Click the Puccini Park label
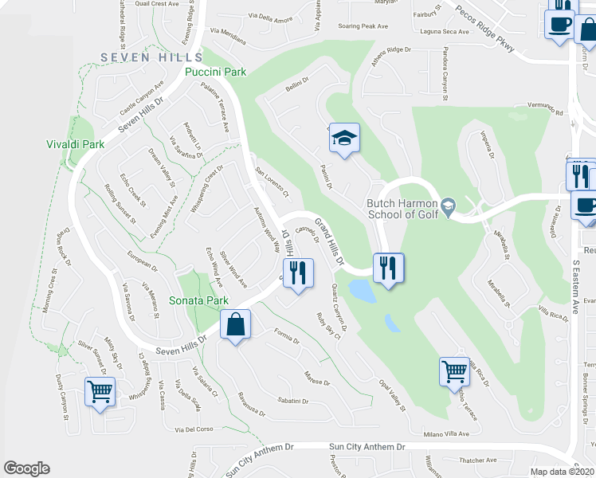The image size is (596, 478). coord(215,72)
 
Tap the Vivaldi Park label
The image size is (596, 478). coord(76,145)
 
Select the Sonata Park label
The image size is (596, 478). coord(198,300)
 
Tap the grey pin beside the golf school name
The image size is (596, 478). coord(449,206)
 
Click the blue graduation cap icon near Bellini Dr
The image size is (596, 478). coord(344,139)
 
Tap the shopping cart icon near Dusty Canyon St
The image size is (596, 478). coord(101,391)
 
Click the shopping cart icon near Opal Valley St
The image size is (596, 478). coord(454,370)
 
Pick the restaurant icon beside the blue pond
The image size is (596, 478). coord(388,268)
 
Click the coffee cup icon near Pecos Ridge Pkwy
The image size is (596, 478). coord(560,24)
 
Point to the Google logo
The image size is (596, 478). coord(27,468)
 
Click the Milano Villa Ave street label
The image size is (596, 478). coord(446,434)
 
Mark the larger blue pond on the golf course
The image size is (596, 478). coord(363,291)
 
